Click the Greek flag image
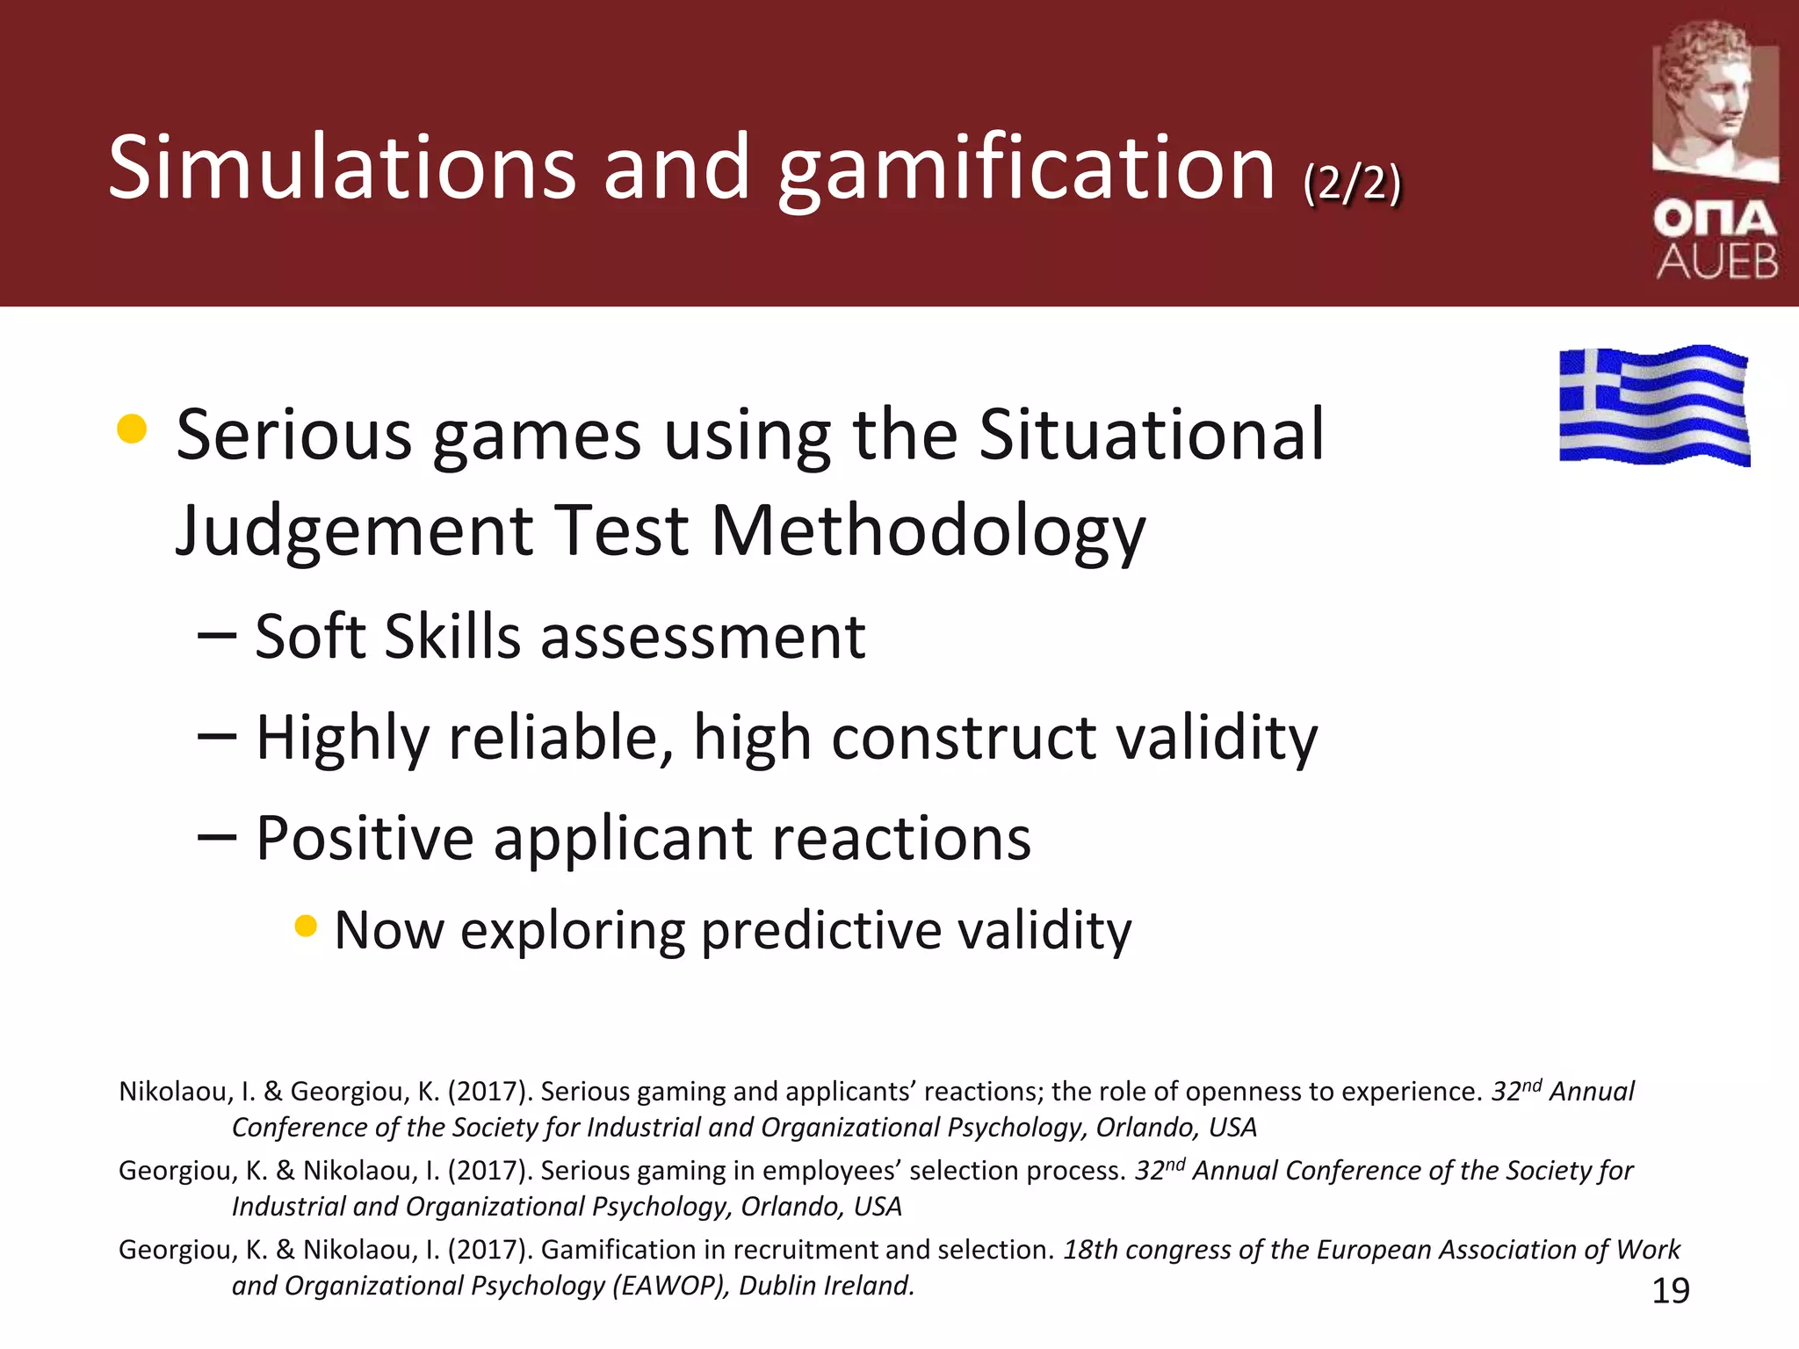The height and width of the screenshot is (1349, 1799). click(x=1654, y=405)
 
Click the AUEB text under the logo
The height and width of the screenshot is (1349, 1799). click(x=1717, y=261)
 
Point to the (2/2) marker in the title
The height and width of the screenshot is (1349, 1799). click(x=1352, y=184)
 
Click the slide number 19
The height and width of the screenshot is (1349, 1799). click(x=1671, y=1291)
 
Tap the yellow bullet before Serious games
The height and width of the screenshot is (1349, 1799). click(x=132, y=429)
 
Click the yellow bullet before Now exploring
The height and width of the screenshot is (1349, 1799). click(x=306, y=926)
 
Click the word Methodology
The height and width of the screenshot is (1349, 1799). click(x=928, y=530)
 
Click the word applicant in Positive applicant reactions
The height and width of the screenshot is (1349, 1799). click(x=622, y=838)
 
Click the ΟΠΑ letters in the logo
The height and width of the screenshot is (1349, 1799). click(x=1716, y=219)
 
